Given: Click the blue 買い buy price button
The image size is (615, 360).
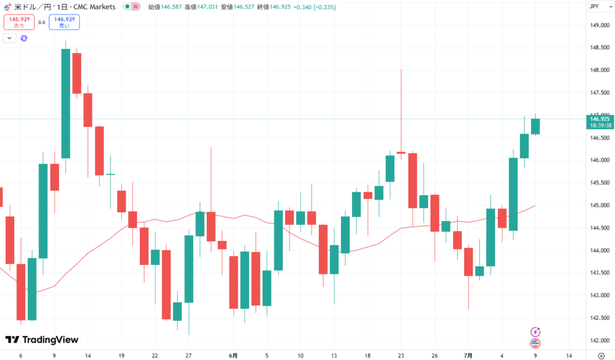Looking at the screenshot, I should point(66,22).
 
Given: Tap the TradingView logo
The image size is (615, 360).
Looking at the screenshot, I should point(42,340).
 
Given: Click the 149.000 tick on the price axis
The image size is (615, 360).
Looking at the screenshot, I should point(601,25).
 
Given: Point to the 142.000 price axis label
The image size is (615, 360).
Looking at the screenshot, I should point(601,341).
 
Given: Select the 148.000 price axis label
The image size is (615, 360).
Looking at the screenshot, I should point(601,70).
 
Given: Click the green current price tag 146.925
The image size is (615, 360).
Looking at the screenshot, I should point(601,122).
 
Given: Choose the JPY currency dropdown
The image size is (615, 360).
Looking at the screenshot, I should point(596,6).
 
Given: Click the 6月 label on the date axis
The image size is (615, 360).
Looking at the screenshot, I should point(233,355).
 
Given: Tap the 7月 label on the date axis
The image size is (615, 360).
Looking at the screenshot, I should point(468,355).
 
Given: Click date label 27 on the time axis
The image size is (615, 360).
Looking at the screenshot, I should point(189,355).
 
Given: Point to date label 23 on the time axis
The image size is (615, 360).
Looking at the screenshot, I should point(401,355).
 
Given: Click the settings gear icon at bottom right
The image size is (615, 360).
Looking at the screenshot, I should point(601,355).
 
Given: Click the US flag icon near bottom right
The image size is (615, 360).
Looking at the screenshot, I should point(535,343).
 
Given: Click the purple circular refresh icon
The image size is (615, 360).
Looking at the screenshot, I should point(24,38).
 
